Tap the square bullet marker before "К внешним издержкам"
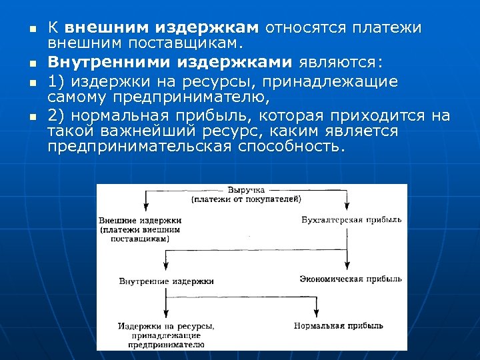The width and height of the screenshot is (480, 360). [23, 29]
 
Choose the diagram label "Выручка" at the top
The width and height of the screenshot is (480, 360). [245, 190]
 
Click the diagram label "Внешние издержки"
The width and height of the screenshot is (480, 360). [140, 220]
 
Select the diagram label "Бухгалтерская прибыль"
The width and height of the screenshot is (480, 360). [351, 220]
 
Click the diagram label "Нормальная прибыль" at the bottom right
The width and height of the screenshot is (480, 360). [338, 326]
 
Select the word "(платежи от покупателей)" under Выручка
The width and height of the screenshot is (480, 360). [246, 199]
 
